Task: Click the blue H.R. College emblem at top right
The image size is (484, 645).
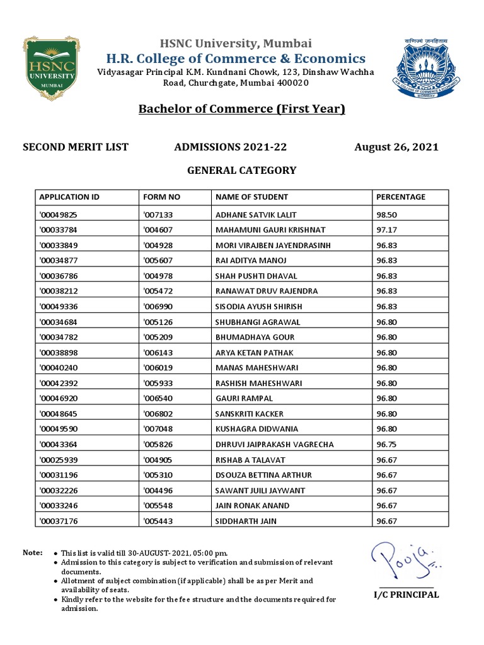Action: pos(423,67)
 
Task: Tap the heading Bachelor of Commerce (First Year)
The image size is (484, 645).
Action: pos(242,110)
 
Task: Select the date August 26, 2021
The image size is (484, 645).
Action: pos(396,147)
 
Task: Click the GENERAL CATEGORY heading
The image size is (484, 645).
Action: pos(242,170)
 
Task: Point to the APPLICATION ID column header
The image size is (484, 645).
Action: pos(69,197)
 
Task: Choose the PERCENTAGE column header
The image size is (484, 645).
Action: pos(401,197)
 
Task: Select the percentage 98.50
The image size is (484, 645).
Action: pos(387,215)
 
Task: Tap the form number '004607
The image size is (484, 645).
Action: pos(162,230)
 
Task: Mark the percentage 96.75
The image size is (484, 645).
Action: pos(387,445)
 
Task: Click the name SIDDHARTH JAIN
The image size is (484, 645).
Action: pos(246,521)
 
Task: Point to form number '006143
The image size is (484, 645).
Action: pos(162,353)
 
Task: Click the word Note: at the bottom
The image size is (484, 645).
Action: pos(33,552)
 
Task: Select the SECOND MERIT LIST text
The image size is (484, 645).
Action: pos(76,147)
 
